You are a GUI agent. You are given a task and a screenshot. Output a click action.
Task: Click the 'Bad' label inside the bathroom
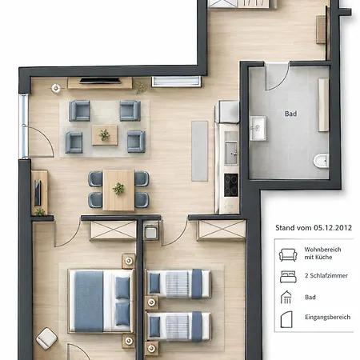[x=290, y=114]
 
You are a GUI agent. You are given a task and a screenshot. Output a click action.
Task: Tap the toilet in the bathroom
[x=321, y=161]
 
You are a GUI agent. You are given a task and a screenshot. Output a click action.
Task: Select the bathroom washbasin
[x=257, y=128]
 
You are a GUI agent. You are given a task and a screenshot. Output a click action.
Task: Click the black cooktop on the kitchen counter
[x=231, y=185]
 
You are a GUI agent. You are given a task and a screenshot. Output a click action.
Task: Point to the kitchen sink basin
[x=231, y=152]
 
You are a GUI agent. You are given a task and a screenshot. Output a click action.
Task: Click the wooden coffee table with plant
[x=105, y=135]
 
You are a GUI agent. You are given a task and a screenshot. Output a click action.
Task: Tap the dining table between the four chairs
[x=118, y=190]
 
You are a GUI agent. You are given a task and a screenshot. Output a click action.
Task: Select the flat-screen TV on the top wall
[x=100, y=81]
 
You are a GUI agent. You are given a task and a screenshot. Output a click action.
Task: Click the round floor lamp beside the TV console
[x=56, y=88]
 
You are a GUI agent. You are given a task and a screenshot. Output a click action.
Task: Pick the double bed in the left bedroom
[x=102, y=301]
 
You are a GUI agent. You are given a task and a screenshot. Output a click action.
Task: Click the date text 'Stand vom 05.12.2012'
[x=314, y=228]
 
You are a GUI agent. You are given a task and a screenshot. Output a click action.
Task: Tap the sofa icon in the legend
[x=288, y=255]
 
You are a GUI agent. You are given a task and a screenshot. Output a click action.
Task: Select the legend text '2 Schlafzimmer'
[x=326, y=276]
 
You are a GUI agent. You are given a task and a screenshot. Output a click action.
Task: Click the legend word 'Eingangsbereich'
[x=328, y=317]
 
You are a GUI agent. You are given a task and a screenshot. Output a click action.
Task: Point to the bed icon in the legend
[x=288, y=277]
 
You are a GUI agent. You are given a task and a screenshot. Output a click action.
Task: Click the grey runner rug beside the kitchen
[x=199, y=151]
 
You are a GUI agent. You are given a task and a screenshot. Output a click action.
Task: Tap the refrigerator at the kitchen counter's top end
[x=227, y=112]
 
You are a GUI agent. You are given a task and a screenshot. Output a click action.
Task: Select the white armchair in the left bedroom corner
[x=46, y=338]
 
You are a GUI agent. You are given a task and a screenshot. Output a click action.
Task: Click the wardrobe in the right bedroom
[x=221, y=230]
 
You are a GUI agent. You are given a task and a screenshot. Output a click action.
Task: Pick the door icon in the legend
[x=286, y=319]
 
